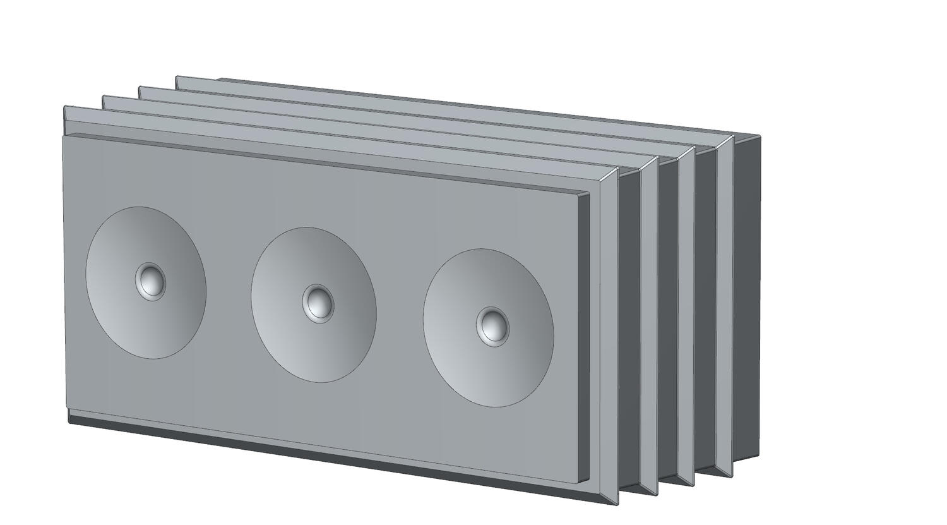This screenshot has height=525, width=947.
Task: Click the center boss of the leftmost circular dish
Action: pos(151,281)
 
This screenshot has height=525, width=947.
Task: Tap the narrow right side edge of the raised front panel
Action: pos(585,335)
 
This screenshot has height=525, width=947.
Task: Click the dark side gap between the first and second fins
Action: pos(629,329)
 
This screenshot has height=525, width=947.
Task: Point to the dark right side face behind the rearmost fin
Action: pos(747,297)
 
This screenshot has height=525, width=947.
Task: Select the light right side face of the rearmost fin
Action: pos(725,303)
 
